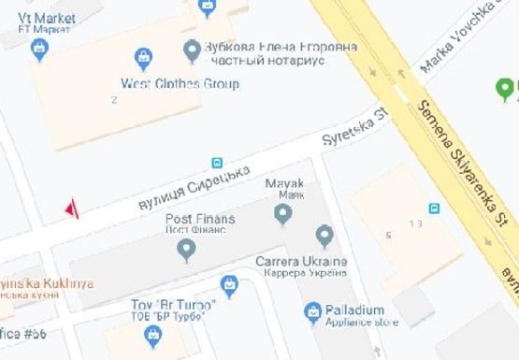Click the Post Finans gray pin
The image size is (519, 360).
[x=187, y=250]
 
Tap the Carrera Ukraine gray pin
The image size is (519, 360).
[x=324, y=236]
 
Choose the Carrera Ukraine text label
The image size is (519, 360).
[x=301, y=265]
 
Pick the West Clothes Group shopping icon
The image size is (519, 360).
[x=144, y=59]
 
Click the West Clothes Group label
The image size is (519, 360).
[x=180, y=84]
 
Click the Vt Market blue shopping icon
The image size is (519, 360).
[x=38, y=50]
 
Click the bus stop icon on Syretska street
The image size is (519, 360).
[x=217, y=162]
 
